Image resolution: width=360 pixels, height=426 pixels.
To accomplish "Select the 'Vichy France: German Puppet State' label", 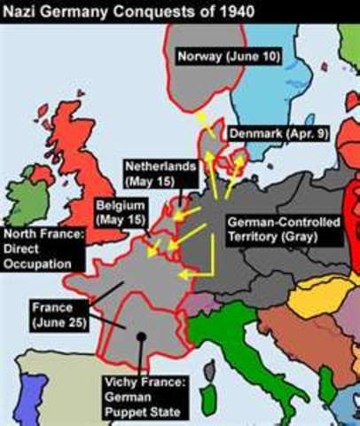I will [x=144, y=399].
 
